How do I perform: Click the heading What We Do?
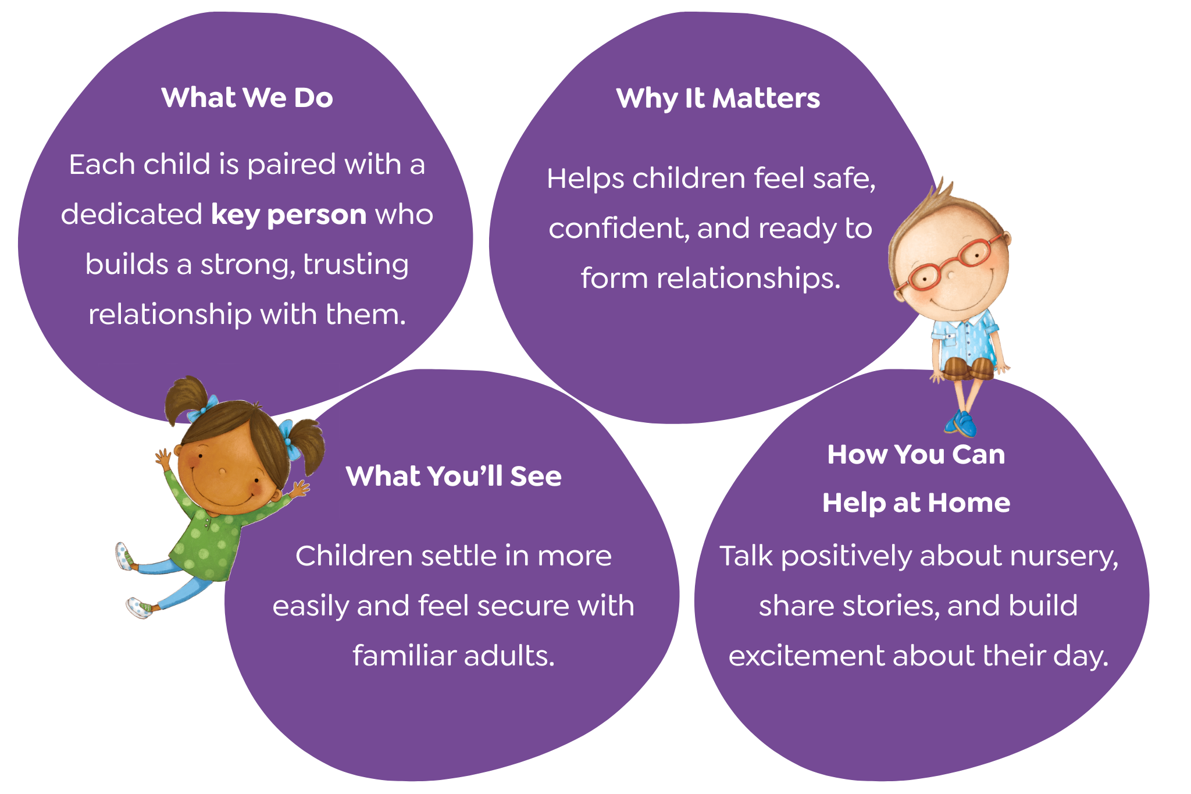[x=247, y=97]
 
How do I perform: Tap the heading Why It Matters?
[x=718, y=98]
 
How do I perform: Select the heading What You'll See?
[x=454, y=476]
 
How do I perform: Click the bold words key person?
[x=288, y=215]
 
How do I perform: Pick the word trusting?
[x=356, y=265]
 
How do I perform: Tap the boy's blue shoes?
[x=961, y=423]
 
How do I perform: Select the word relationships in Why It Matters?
[x=748, y=278]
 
